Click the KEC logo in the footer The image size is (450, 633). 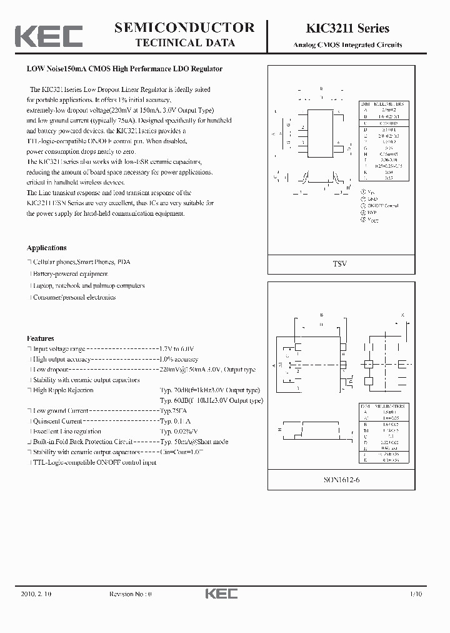pos(221,594)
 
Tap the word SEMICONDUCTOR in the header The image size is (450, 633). pos(184,28)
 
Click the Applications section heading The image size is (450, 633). pos(46,248)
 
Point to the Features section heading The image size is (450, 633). pos(40,338)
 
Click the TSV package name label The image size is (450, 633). pos(339,264)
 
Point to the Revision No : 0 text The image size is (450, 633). pos(131,594)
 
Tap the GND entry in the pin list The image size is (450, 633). pos(374,198)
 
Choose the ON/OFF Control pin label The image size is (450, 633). pos(383,206)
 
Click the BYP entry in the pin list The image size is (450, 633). pos(374,213)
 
